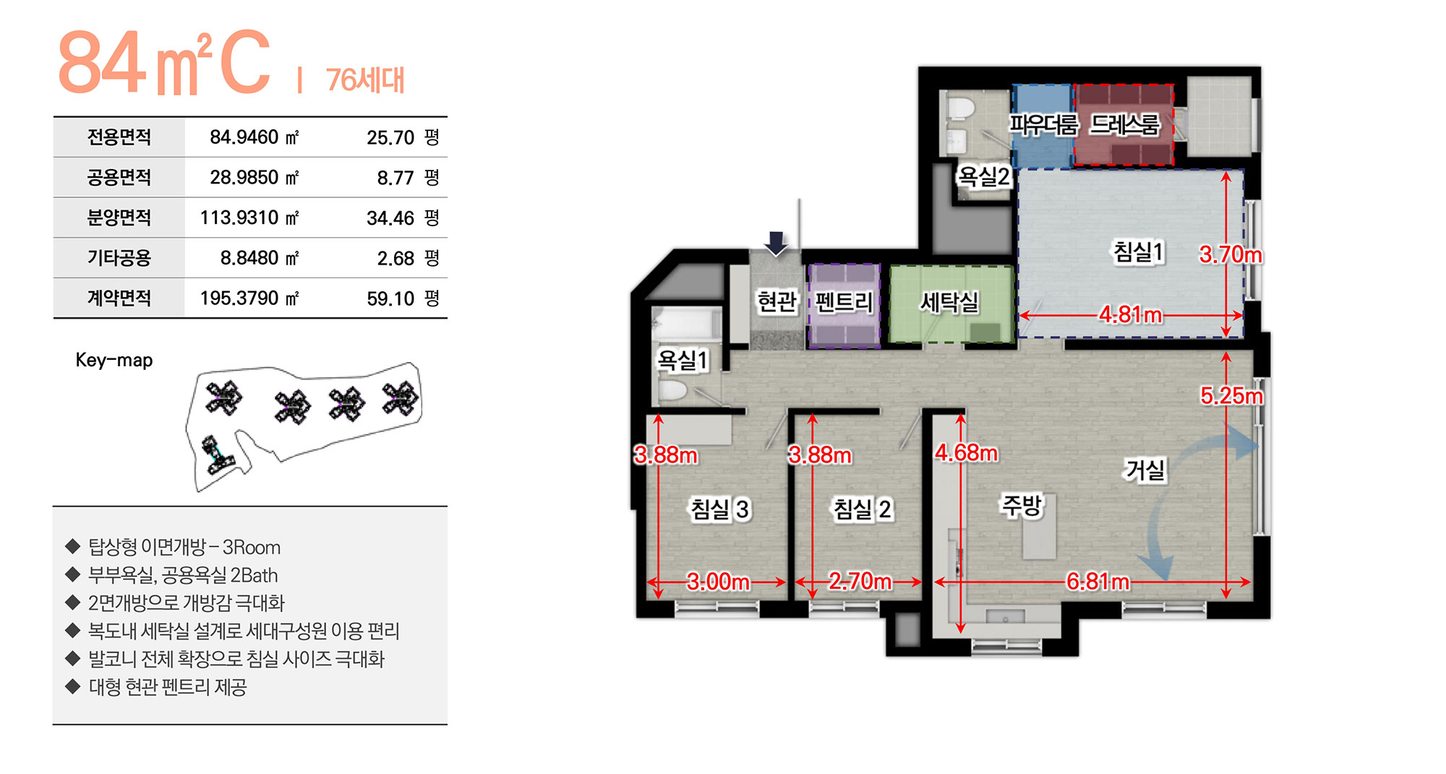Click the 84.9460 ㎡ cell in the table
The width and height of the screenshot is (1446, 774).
point(254,137)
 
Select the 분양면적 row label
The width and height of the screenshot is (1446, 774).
point(119,218)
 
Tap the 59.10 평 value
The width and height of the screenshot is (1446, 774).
point(402,298)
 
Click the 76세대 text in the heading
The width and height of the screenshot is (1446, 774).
point(365,80)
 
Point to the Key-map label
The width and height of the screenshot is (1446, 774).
point(114,360)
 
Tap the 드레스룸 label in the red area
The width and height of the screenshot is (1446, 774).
point(1124,125)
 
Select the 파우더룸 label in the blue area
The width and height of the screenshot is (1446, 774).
point(1043,125)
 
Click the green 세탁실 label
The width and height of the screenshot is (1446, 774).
point(949,302)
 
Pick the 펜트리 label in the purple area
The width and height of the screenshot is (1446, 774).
point(844,302)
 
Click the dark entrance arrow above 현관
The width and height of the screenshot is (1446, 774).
point(776,244)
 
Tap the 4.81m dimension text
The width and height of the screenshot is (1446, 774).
point(1130,315)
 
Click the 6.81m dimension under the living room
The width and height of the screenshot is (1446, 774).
point(1098,582)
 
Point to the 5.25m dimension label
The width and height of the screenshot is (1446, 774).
point(1231,396)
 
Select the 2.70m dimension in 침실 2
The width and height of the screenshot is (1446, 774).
point(860,581)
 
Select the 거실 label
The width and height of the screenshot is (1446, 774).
point(1146,470)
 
